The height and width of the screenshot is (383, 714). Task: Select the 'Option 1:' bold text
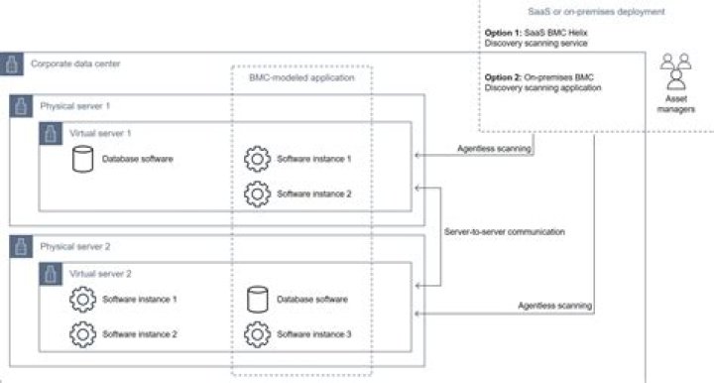coord(504,32)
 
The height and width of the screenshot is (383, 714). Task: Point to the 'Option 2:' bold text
coord(504,77)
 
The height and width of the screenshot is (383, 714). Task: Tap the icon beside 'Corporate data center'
coord(12,64)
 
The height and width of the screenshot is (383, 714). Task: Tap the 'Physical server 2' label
coord(75,246)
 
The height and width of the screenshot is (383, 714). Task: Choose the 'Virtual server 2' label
coord(100,273)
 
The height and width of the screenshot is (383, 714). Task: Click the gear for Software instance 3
coord(257,334)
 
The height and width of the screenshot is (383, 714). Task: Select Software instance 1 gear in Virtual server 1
coord(257,159)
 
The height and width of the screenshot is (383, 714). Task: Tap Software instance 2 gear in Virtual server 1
coord(257,193)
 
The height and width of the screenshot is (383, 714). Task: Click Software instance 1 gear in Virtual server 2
coord(82,299)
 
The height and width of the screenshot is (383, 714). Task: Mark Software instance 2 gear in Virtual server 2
coord(82,334)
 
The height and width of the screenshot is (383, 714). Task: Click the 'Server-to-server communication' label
coord(506,231)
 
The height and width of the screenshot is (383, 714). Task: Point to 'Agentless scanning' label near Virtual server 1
coord(494,149)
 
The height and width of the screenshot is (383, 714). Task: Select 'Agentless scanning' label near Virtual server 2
coord(555,306)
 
